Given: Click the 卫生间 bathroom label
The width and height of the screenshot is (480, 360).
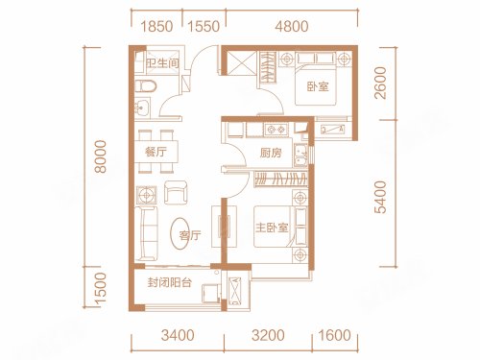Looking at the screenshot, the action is click(162, 62).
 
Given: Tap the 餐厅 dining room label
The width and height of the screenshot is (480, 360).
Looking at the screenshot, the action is click(156, 152).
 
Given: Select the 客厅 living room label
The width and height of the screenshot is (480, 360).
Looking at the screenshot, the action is click(190, 235).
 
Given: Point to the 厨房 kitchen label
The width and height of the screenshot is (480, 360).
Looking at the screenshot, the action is click(271, 153).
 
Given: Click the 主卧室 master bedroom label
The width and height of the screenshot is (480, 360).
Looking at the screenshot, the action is click(272, 228).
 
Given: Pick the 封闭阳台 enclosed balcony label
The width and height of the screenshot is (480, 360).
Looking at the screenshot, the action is click(169, 282).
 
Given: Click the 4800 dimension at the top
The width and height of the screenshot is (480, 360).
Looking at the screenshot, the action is click(292, 26).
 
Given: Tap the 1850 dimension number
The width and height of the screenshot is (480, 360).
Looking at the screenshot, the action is click(156, 26).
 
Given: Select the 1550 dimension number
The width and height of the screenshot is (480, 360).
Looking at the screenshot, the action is click(204, 26).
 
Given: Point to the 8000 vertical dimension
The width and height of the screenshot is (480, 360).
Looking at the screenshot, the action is click(100, 156).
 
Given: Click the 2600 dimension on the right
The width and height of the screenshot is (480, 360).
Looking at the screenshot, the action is click(380, 83).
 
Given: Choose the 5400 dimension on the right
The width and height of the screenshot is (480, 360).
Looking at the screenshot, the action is click(380, 197).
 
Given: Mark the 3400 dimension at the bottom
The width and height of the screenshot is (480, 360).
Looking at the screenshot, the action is click(178, 335).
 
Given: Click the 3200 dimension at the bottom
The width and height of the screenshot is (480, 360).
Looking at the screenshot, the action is click(268, 335).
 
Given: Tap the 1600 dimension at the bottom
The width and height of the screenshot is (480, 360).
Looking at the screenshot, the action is click(334, 335).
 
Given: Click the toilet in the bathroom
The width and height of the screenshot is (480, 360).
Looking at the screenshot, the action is click(146, 86).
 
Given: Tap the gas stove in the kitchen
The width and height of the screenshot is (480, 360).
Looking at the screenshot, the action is click(276, 130).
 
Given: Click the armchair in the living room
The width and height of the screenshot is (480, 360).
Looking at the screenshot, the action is click(176, 192).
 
